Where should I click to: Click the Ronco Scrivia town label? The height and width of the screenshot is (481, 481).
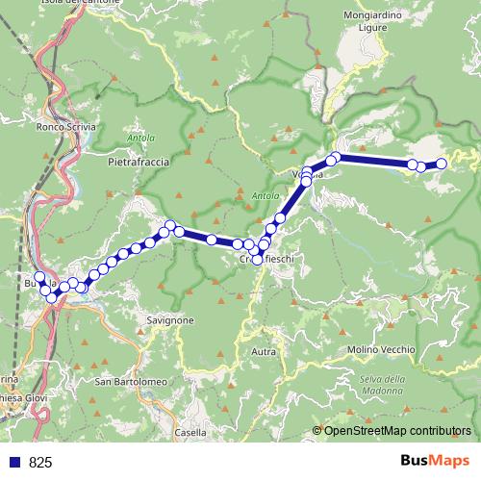tap(62, 126)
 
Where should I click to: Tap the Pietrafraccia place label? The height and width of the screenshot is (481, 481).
tap(138, 164)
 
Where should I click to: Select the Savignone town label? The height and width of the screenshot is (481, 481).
tap(171, 320)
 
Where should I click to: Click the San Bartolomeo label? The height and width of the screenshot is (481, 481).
tap(131, 383)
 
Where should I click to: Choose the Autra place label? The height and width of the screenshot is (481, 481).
tap(263, 352)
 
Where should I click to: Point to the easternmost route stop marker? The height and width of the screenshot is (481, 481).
tap(443, 164)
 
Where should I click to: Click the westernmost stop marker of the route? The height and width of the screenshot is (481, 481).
tap(38, 278)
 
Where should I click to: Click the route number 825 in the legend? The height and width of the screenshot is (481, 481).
tap(41, 462)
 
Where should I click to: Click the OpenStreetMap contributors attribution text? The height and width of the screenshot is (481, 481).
tap(397, 430)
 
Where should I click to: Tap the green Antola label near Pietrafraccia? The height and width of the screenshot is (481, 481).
tap(140, 139)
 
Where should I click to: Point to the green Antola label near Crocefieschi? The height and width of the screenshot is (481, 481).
tap(265, 197)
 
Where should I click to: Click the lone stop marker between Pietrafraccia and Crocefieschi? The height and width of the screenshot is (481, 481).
tap(211, 239)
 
